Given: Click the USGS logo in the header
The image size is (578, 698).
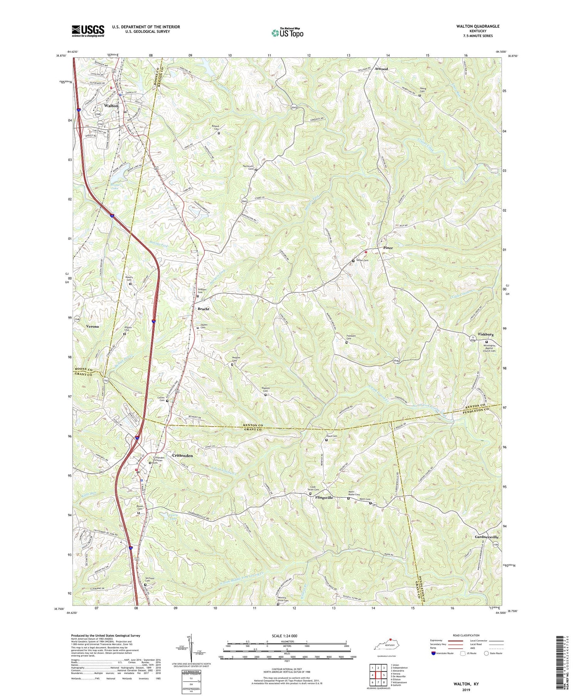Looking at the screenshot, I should point(88,31).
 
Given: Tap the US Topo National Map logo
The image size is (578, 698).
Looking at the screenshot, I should point(287,33).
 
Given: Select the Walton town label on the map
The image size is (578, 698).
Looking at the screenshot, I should point(111,105).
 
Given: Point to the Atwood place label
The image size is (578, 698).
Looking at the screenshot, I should point(380,69).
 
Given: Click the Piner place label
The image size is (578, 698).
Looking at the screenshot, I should point(388,248).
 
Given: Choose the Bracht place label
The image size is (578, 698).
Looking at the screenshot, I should point(203,309).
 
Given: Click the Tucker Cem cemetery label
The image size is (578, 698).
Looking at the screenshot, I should point(363,261).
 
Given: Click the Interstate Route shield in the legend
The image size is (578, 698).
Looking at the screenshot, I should point(434,653).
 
